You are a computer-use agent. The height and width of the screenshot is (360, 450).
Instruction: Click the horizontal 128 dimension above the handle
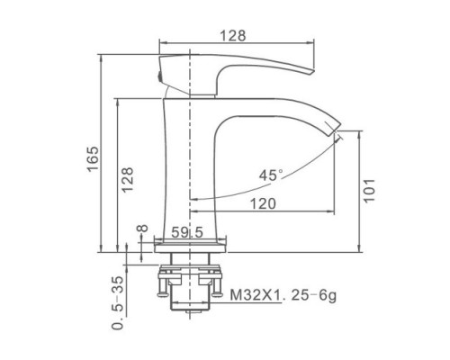pos(233,36)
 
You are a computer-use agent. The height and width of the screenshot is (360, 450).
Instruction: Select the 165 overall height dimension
pos(93,158)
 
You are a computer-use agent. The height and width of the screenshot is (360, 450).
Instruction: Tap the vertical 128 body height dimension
pos(127,179)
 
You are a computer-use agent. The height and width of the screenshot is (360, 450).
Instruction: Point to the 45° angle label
pos(271,175)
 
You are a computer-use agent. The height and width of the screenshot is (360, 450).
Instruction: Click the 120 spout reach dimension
pos(263,203)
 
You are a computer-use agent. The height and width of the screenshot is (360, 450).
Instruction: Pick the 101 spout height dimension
pos(370,191)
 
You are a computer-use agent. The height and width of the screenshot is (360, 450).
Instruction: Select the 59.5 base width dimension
pos(187,232)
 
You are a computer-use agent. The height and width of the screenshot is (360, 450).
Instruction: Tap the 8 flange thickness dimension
pos(142,228)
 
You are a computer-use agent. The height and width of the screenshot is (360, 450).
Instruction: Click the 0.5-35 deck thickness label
pos(118,302)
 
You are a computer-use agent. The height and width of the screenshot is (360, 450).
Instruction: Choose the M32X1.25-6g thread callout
pos(283,295)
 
